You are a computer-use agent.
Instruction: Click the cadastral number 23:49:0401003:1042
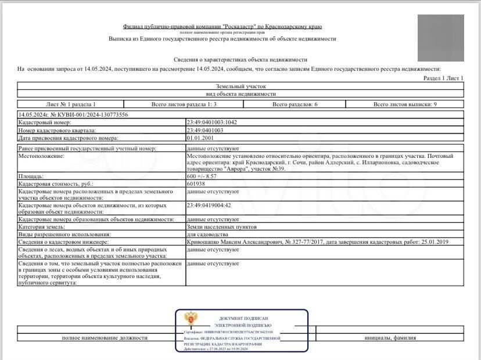pos(212,123)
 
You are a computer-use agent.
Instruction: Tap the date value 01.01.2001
pos(199,138)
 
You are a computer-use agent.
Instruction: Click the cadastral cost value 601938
pos(196,183)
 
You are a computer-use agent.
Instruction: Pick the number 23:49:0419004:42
pos(209,205)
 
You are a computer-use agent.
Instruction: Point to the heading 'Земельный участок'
pos(240,85)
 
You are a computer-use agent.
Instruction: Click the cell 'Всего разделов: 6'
pos(295,104)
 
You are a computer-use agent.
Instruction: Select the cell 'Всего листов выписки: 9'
pos(404,104)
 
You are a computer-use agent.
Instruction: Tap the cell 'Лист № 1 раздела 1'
pos(70,104)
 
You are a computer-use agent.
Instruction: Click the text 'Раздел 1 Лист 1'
pos(443,78)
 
